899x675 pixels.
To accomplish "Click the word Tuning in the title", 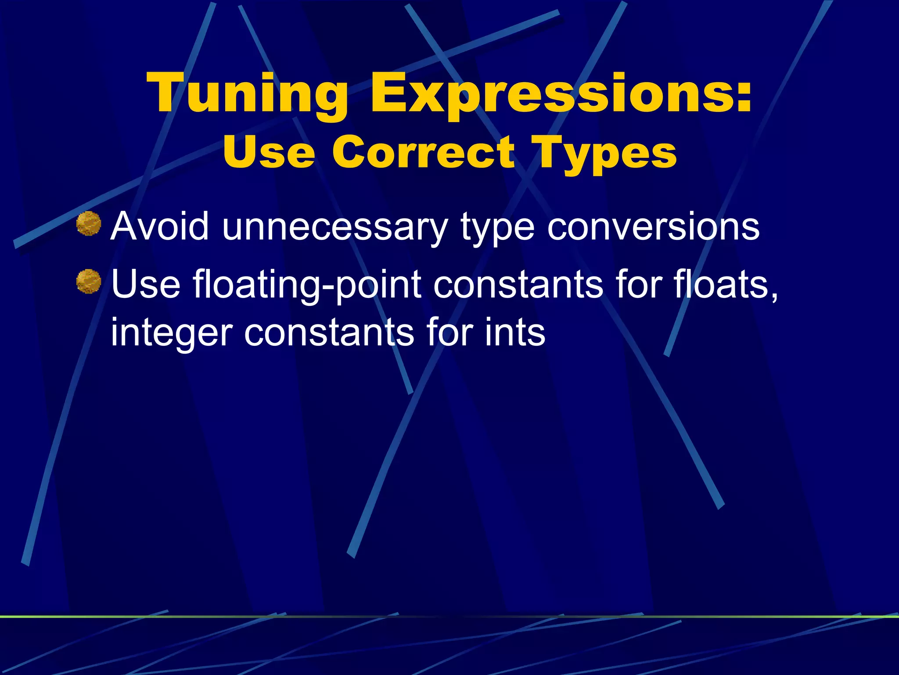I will point(248,94).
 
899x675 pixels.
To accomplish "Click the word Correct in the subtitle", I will point(423,152).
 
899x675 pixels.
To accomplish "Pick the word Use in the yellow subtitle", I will point(269,152).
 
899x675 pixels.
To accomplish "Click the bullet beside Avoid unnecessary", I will point(89,224).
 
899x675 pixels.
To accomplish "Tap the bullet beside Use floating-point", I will point(89,281).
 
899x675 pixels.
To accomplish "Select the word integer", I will point(171,333).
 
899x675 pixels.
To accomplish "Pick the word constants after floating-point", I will point(518,285).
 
